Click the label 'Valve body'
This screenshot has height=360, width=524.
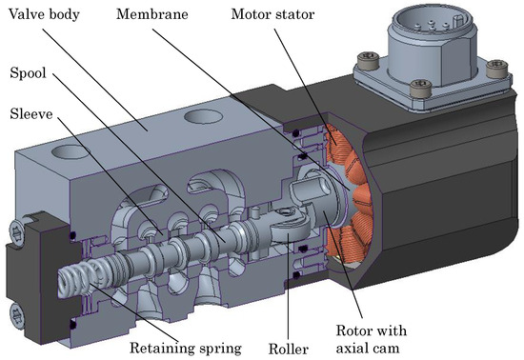click(x=44, y=14)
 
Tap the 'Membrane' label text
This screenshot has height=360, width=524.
click(x=152, y=14)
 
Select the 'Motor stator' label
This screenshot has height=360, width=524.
click(x=272, y=14)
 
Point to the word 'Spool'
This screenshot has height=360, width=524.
click(x=28, y=73)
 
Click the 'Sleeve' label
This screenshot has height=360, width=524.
click(x=31, y=114)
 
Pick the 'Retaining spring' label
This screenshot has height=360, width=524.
click(x=186, y=349)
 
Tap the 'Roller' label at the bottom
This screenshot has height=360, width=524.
click(x=289, y=350)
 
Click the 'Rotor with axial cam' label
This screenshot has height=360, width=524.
click(x=372, y=339)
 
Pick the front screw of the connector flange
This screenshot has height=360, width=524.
click(x=421, y=88)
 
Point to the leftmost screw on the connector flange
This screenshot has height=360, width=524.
click(x=369, y=60)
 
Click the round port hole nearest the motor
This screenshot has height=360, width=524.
click(x=203, y=117)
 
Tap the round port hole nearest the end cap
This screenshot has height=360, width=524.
click(x=70, y=152)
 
